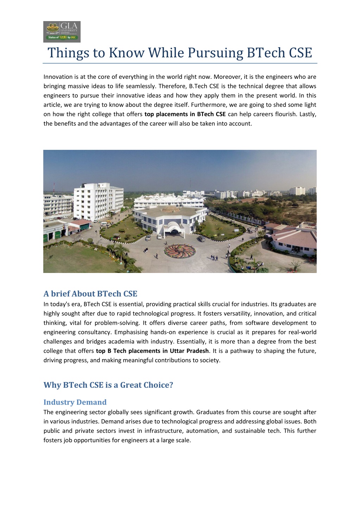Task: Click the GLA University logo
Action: point(62,32)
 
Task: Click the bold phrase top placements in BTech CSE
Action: point(185,114)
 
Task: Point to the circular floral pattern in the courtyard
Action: point(180,251)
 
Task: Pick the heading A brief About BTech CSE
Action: point(90,294)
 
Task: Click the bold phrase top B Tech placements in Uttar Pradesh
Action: point(152,351)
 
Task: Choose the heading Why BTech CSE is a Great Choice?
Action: point(108,385)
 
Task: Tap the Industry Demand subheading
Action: point(75,402)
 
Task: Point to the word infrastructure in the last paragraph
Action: point(164,431)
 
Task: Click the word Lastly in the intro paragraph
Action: point(308,114)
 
